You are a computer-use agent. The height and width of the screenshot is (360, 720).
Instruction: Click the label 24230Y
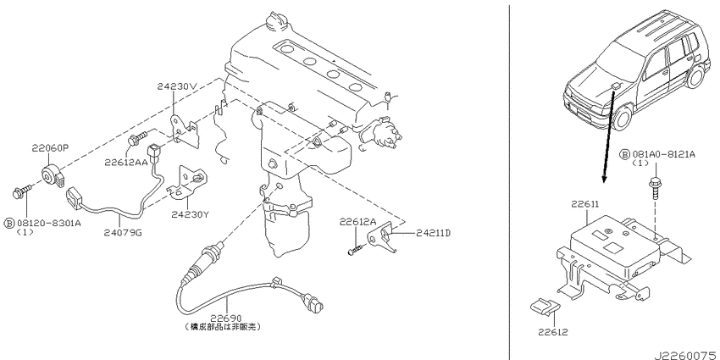(x=188, y=215)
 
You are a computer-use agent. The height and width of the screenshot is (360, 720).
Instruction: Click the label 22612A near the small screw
(x=358, y=222)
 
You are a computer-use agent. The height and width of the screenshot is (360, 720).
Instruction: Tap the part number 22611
(x=586, y=204)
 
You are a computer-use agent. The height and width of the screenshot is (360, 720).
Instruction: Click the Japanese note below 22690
(x=225, y=325)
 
